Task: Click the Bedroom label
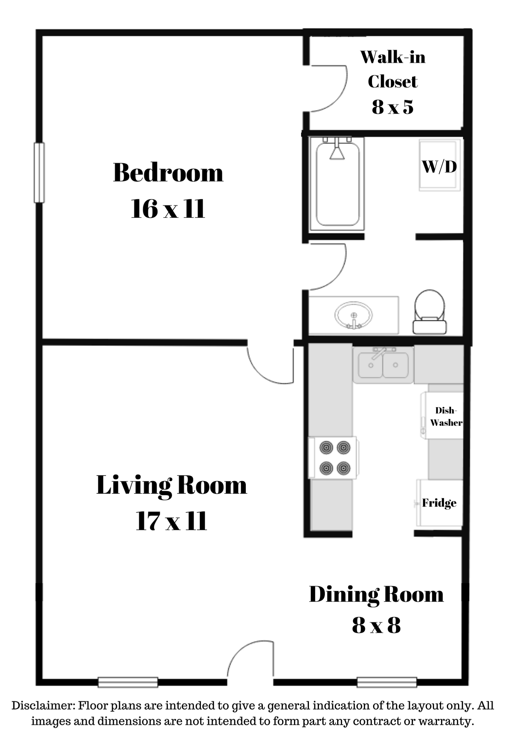pos(168,173)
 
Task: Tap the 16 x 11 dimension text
pos(168,209)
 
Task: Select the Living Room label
pos(172,486)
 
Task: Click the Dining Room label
pos(376,595)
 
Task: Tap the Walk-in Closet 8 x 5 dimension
pos(393,107)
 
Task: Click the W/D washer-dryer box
pos(440,165)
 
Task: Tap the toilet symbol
pos(430,311)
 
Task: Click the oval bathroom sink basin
pos(353,315)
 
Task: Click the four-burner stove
pos(333,458)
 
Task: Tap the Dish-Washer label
pos(446,416)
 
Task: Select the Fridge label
pos(439,503)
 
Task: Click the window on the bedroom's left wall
pos(39,173)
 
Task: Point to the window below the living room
pos(128,682)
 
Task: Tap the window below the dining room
pos(387,682)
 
